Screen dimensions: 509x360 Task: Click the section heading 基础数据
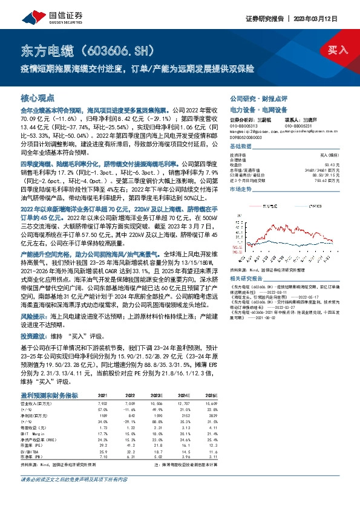[240, 148]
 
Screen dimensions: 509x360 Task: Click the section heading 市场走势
[240, 189]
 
